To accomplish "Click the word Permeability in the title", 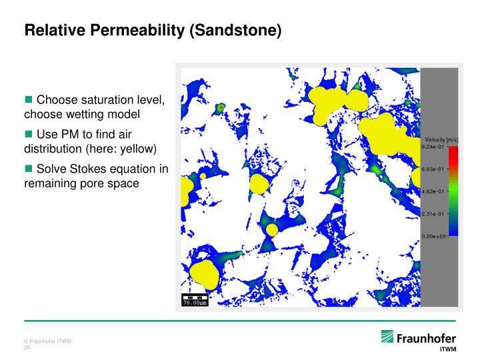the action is click(137, 30).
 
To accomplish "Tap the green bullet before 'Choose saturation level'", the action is click(29, 99).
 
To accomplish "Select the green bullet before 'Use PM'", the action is click(29, 134).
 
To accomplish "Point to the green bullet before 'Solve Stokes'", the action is click(29, 169).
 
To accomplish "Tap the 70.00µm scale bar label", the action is click(195, 303).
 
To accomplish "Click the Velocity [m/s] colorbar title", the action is click(441, 140).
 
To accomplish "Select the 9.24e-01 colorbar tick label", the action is click(433, 147).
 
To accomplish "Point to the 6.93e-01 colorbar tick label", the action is click(433, 169).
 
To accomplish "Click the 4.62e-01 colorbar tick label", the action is click(433, 191).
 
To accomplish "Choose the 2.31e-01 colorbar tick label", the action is click(433, 214).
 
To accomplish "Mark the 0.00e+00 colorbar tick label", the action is click(434, 236).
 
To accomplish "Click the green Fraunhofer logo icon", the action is click(387, 337).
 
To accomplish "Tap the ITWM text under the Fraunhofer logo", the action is click(448, 349).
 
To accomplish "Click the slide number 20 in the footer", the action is click(27, 348).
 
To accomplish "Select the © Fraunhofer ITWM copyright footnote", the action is click(47, 341).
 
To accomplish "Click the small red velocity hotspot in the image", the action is click(221, 108).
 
